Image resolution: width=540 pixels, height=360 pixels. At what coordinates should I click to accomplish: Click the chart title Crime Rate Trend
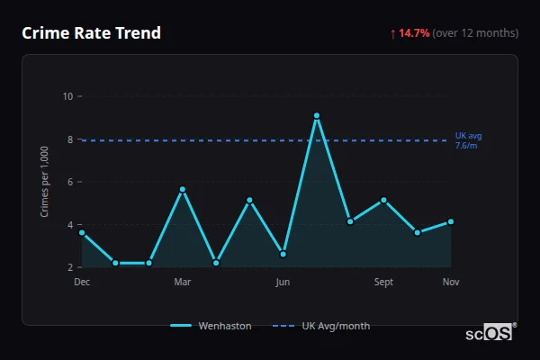pyautogui.click(x=91, y=33)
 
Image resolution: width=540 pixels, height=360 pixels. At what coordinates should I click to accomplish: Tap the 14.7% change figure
pyautogui.click(x=415, y=33)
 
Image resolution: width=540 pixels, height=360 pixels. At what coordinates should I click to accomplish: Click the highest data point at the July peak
pyautogui.click(x=317, y=115)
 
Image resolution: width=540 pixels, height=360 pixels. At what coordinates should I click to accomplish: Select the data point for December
pyautogui.click(x=82, y=233)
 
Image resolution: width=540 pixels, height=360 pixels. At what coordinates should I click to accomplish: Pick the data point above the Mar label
pyautogui.click(x=183, y=189)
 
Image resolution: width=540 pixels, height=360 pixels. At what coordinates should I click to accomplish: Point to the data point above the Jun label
pyautogui.click(x=283, y=254)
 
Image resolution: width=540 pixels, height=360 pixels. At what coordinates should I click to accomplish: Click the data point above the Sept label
pyautogui.click(x=383, y=200)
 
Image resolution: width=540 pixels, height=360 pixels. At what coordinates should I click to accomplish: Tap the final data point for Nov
pyautogui.click(x=451, y=221)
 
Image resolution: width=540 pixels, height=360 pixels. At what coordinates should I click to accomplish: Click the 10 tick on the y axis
pyautogui.click(x=67, y=96)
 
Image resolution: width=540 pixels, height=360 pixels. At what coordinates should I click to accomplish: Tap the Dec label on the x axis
pyautogui.click(x=82, y=283)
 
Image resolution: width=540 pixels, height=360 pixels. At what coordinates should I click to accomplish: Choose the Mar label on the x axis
pyautogui.click(x=183, y=283)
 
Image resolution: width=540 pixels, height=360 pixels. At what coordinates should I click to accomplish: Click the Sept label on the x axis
pyautogui.click(x=383, y=283)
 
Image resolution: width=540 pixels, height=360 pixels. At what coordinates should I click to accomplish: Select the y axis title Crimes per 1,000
pyautogui.click(x=45, y=183)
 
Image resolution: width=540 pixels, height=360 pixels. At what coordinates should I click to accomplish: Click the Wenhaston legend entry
pyautogui.click(x=211, y=326)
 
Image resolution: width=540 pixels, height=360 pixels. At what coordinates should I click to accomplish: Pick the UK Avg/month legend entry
pyautogui.click(x=322, y=326)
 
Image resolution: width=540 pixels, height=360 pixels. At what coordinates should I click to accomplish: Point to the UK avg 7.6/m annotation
pyautogui.click(x=468, y=140)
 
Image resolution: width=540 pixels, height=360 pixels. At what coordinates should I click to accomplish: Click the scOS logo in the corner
pyautogui.click(x=490, y=332)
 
